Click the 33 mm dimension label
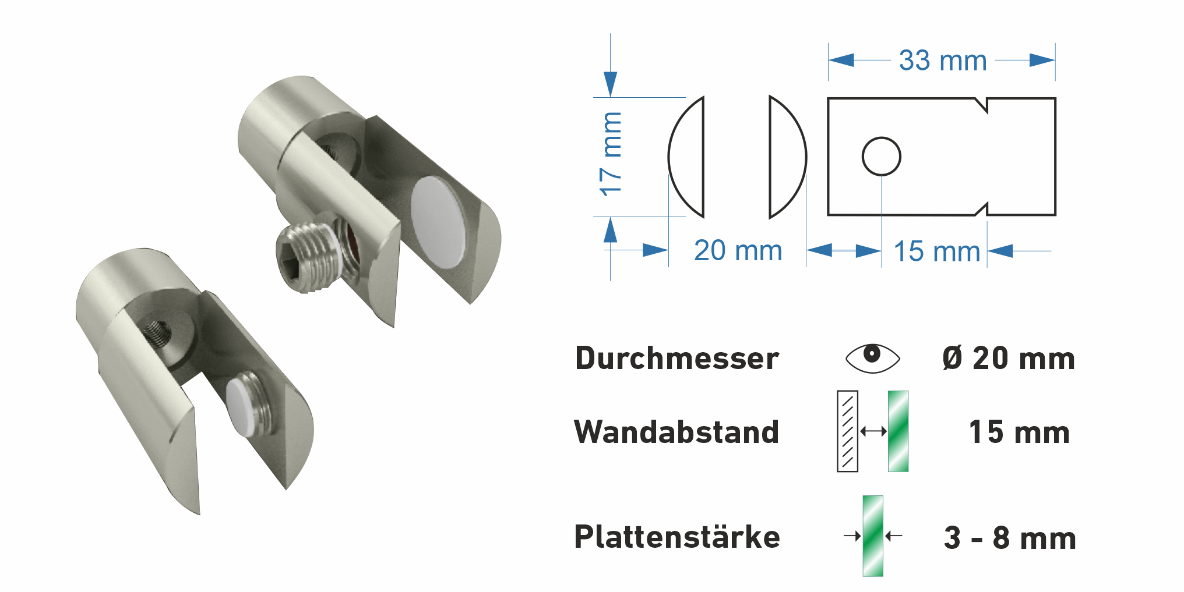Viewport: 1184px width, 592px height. tap(942, 61)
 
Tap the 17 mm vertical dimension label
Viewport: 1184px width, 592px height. tap(611, 154)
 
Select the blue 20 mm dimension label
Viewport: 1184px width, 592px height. tap(738, 251)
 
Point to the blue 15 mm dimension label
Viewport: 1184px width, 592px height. tap(936, 252)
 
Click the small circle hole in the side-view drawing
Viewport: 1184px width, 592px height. tap(881, 156)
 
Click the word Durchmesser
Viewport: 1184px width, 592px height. tap(677, 358)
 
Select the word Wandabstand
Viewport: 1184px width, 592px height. tap(676, 432)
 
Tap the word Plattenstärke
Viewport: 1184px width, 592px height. tap(677, 537)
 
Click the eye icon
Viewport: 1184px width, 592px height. tap(872, 357)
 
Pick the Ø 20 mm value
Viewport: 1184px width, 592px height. tap(1009, 358)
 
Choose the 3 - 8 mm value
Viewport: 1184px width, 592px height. tap(1010, 538)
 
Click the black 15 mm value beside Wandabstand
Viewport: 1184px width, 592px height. tap(1019, 433)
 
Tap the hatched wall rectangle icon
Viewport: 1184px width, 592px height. tap(847, 431)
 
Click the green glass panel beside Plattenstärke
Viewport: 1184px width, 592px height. tap(873, 536)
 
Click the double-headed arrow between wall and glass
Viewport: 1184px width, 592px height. tap(873, 431)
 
